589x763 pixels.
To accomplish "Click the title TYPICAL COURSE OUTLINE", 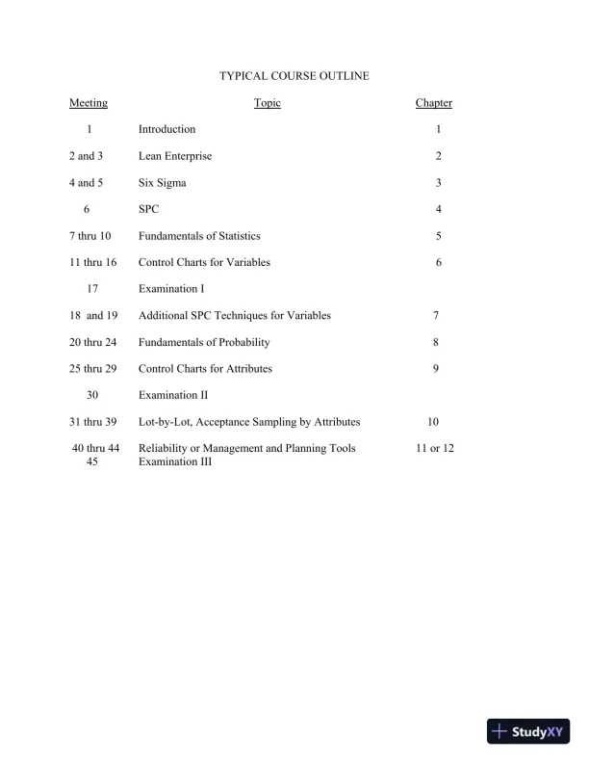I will pyautogui.click(x=294, y=75).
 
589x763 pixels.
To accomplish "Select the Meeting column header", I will pyautogui.click(x=89, y=103).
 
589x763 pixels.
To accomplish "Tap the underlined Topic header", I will pyautogui.click(x=268, y=103).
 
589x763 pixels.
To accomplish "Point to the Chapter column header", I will pyautogui.click(x=433, y=103).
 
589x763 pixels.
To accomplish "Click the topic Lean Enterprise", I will pyautogui.click(x=175, y=156).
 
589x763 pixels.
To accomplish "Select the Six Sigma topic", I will pyautogui.click(x=163, y=183).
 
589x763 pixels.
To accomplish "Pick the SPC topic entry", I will pyautogui.click(x=148, y=209).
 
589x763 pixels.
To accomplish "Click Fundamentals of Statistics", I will pyautogui.click(x=199, y=236).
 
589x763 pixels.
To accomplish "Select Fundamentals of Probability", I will pyautogui.click(x=204, y=342).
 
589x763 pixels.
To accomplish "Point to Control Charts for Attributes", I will pyautogui.click(x=205, y=368).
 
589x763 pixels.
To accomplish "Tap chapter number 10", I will pyautogui.click(x=433, y=422).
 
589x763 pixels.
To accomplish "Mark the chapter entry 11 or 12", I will pyautogui.click(x=434, y=448).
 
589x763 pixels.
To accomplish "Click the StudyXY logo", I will pyautogui.click(x=528, y=732).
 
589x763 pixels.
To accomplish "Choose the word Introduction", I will pyautogui.click(x=166, y=129).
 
